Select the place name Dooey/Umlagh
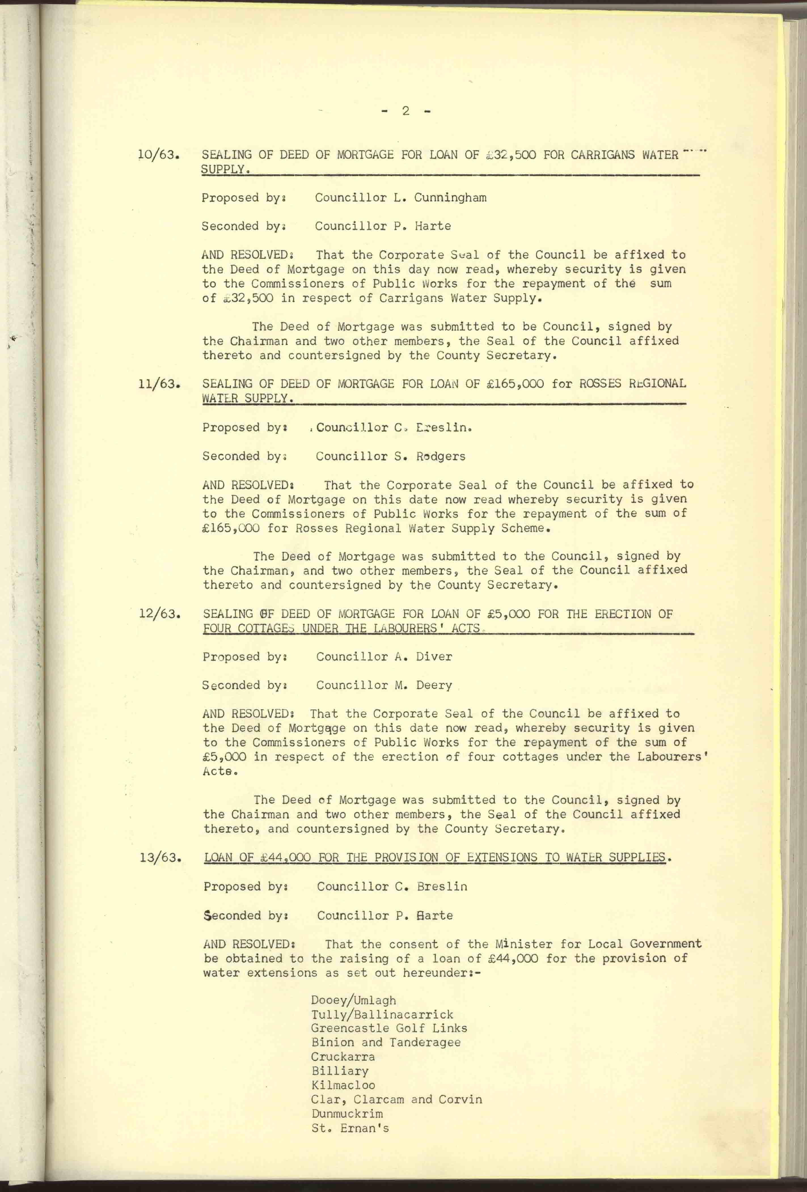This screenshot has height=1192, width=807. (354, 1000)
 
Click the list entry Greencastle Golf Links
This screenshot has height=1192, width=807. (389, 1028)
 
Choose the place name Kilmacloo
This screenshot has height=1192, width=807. (343, 1085)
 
